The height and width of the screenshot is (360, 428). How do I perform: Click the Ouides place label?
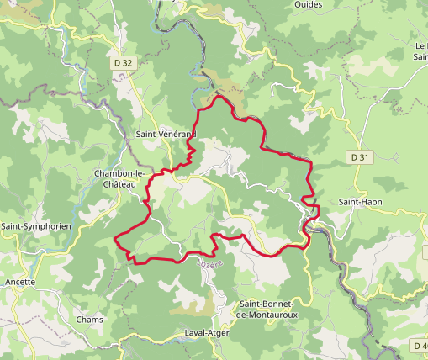click(309, 5)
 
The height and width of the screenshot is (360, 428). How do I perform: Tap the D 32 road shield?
click(123, 62)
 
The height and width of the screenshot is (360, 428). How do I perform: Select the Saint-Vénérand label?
click(166, 135)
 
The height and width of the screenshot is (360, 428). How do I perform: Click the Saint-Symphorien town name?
click(35, 227)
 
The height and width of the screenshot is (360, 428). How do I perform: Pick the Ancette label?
click(20, 282)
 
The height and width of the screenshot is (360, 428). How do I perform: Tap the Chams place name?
click(89, 320)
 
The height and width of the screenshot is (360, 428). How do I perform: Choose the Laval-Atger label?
click(207, 333)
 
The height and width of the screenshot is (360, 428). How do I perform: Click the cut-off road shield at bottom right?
click(420, 346)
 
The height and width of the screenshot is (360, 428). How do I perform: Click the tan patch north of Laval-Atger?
click(193, 304)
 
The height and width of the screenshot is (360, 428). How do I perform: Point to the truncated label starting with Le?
click(420, 51)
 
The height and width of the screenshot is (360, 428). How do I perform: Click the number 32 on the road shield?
click(127, 62)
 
